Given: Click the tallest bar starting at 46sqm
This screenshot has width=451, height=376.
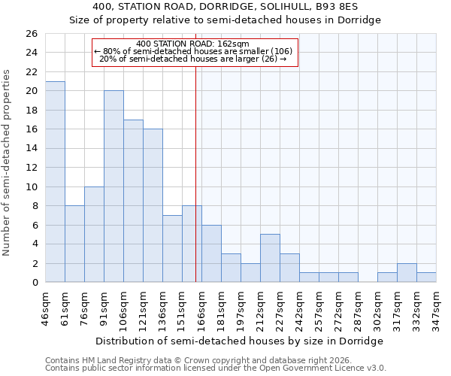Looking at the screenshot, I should click(55, 182).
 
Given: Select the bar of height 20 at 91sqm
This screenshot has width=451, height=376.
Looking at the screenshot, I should click(114, 186).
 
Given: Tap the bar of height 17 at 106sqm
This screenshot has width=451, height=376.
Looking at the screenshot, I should click(133, 201).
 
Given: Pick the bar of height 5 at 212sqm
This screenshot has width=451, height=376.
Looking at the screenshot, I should click(270, 258).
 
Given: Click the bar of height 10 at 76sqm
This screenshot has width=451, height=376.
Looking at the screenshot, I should click(94, 234).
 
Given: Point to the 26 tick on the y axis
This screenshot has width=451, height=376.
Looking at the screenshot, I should click(32, 34).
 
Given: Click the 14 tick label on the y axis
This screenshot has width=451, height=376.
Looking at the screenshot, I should click(32, 148).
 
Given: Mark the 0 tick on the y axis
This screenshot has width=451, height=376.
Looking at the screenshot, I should click(35, 282).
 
